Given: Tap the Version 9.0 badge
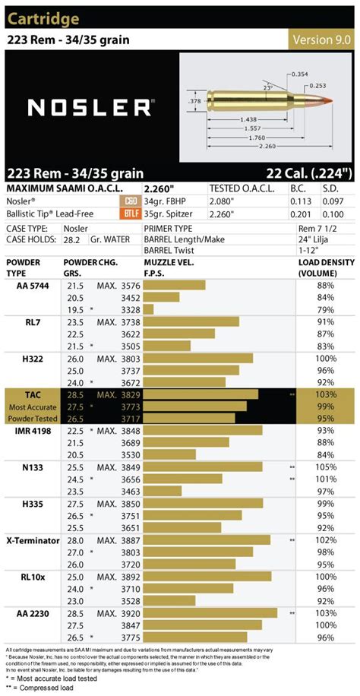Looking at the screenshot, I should pos(323,40).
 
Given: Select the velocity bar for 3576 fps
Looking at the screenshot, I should pos(174,285).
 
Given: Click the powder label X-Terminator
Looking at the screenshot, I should pos(34,539).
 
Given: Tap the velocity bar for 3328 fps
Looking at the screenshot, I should pos(148,310).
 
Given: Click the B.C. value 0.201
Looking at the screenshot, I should pos(302,214).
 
